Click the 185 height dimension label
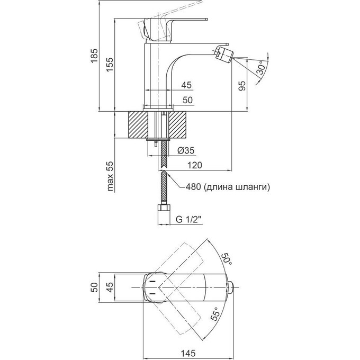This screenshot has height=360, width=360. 94,55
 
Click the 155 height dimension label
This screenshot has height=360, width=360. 110,64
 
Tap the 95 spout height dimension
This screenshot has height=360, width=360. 242,86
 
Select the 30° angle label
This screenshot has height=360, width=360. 262,68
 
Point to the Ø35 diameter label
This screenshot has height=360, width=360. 186,150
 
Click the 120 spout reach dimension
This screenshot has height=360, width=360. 195,165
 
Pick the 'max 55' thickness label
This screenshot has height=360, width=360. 111,176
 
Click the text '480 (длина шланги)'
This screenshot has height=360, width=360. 228,187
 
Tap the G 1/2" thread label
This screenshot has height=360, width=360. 188,220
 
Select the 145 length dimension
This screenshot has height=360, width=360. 188,353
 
